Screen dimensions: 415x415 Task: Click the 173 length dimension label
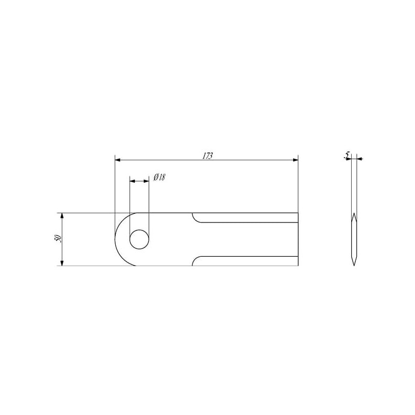208,156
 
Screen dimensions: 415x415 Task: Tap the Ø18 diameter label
159,177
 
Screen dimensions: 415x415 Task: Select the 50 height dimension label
58,239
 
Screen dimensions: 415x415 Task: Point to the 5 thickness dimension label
347,155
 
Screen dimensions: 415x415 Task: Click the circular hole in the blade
139,239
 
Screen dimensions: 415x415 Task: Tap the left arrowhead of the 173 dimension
118,160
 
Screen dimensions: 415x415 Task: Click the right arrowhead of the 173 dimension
295,160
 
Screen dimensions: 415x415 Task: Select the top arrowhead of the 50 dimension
62,215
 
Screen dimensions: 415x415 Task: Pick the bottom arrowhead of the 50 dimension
62,262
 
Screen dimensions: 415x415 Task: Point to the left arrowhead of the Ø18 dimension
132,181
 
